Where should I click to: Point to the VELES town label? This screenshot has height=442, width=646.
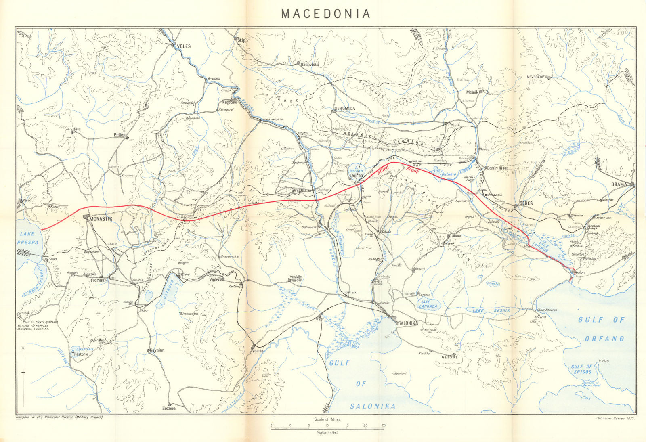tap(184, 46)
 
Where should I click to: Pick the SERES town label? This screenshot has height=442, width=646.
tap(526, 203)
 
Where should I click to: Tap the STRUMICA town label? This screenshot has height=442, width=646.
tap(344, 109)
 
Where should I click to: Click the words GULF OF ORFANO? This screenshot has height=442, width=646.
tap(604, 329)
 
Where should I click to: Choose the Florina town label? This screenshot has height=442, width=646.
tap(97, 280)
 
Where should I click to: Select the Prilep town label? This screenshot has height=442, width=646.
tap(120, 135)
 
